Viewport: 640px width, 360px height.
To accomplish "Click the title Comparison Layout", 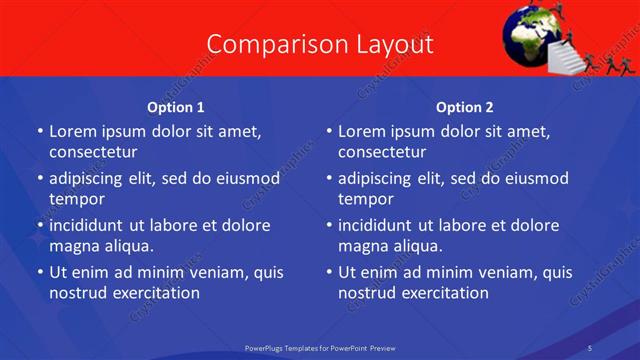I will [320, 45].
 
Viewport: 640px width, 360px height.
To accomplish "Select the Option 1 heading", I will [175, 107].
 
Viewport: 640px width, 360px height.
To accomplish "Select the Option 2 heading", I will [464, 107].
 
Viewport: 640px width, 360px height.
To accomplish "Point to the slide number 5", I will [590, 347].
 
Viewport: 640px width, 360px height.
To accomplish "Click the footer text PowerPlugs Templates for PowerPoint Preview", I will [320, 347].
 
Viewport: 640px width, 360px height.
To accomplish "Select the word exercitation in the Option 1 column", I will [156, 293].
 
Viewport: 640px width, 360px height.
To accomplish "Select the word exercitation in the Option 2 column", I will [445, 293].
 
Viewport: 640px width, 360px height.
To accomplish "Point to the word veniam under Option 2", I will [491, 272].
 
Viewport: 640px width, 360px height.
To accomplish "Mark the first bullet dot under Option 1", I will [40, 131].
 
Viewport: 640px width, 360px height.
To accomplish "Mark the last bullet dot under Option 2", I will [329, 272].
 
